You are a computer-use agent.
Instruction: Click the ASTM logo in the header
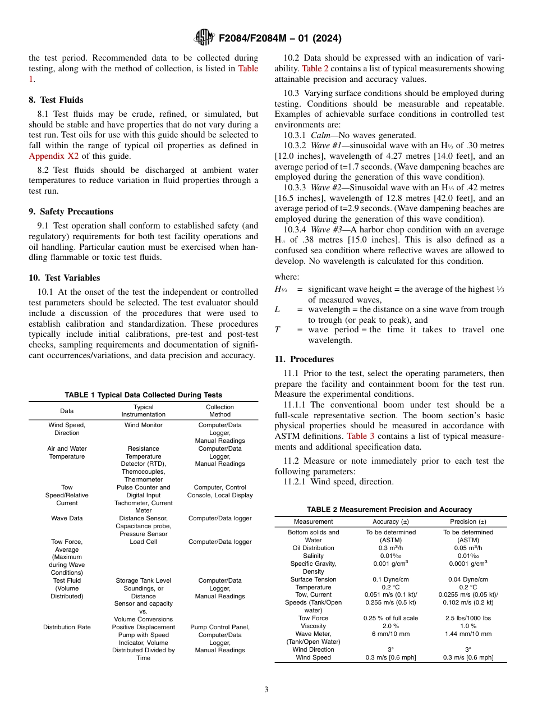pos(204,38)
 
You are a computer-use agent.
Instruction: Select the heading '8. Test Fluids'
pos(56,100)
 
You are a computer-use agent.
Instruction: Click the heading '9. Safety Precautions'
pos(71,212)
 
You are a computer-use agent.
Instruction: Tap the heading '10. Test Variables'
pos(65,278)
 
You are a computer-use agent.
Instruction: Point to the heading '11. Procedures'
pos(304,359)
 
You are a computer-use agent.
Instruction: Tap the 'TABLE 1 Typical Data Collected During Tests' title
pos(143,395)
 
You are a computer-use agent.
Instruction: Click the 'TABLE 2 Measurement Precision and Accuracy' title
pos(389,510)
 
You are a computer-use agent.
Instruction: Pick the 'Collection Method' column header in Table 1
pos(219,411)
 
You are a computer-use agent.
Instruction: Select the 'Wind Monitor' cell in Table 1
pos(143,425)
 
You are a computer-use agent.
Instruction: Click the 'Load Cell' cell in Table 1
pos(143,542)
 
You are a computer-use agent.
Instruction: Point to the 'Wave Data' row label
pos(67,519)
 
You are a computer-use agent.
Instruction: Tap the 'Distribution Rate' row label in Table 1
pos(67,627)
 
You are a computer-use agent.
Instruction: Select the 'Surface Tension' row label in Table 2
pos(313,579)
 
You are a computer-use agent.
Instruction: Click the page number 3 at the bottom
pos(266,689)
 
